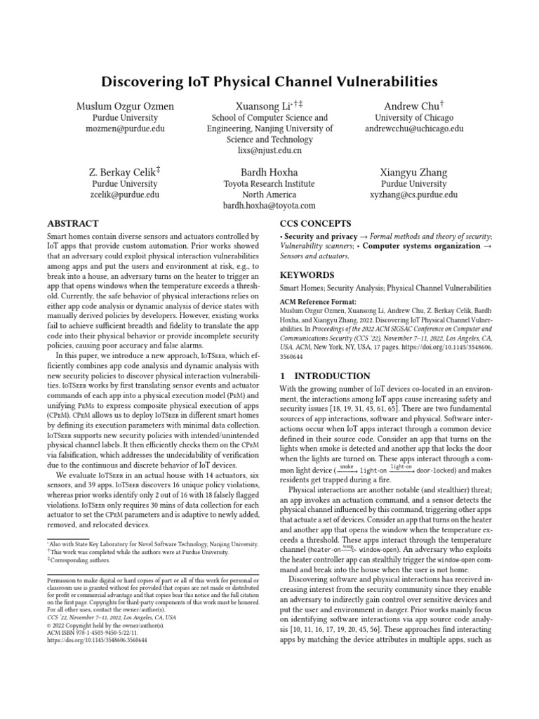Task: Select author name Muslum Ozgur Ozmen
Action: (126, 106)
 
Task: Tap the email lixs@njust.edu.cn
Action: (269, 150)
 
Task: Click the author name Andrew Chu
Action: (412, 106)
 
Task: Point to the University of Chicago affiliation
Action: (414, 118)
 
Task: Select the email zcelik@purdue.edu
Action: (126, 194)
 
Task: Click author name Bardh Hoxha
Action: (269, 172)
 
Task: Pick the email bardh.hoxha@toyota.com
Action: (269, 206)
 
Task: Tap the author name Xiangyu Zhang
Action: (414, 172)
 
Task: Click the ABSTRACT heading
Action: (73, 223)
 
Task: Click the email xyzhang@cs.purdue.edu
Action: (414, 194)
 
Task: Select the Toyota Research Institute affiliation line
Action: (269, 184)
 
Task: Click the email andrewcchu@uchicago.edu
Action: (414, 129)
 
